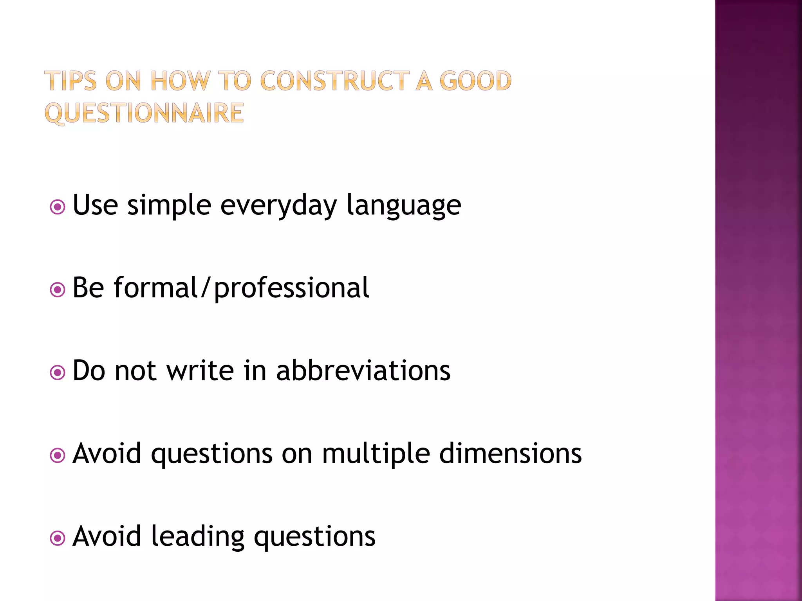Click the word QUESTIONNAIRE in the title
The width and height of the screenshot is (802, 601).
pos(144,113)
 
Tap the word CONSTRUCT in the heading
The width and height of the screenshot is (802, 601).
pos(335,81)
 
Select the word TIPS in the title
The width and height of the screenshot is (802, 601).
pos(70,81)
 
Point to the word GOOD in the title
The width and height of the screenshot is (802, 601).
pos(475,81)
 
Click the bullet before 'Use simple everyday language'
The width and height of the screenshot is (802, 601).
pos(58,207)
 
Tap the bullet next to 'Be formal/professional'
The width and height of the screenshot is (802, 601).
pos(58,290)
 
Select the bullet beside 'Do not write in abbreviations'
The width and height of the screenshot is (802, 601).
pos(58,373)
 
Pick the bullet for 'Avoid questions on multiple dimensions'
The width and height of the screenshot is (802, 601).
pos(58,455)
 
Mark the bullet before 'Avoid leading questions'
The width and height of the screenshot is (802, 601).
pos(58,538)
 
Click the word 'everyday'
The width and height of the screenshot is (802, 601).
pos(278,206)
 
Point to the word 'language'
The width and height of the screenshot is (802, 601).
pos(404,206)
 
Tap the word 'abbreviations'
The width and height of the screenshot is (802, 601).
pos(363,371)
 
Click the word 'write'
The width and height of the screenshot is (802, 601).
pos(200,371)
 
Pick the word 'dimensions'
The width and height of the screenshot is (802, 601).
pos(510,454)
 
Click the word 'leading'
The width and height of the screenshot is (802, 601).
pos(198,537)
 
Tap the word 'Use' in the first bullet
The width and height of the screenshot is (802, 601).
pos(95,205)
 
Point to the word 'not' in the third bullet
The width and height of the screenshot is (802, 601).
pos(135,371)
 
